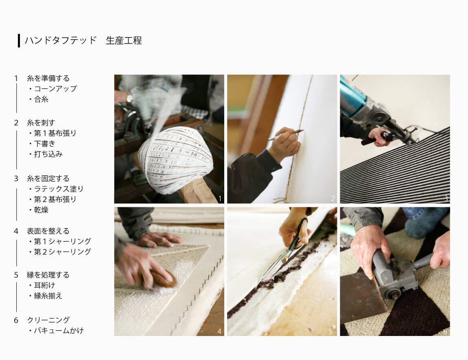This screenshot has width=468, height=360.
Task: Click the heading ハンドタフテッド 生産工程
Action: pos(83,40)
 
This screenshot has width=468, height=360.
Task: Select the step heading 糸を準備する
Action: pos(48,78)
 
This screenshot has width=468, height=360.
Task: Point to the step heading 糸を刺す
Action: pos(41,123)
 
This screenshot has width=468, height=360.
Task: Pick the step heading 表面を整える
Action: pos(48,231)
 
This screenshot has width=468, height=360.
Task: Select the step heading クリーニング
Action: pos(48,320)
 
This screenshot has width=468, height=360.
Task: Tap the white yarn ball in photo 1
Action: pos(175,160)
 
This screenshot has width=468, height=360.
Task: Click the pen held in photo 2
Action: pos(286,135)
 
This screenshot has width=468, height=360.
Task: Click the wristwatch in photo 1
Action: pos(130,98)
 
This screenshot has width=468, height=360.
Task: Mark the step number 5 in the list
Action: pos(16,275)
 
